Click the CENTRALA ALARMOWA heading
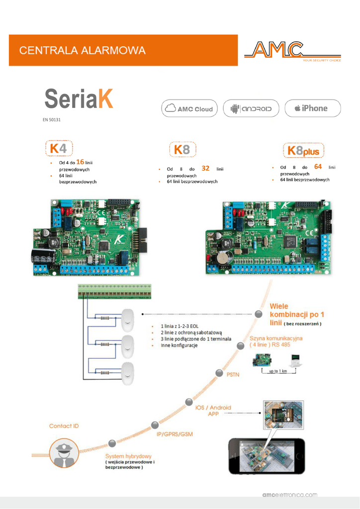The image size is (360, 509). [x=83, y=50]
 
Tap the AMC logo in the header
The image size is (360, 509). [x=291, y=51]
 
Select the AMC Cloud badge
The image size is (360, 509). [x=189, y=108]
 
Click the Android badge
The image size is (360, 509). [x=251, y=108]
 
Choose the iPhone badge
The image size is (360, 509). [x=312, y=108]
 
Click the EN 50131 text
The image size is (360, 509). [x=52, y=120]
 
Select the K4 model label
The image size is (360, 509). [x=58, y=148]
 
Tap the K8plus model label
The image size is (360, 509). [x=303, y=150]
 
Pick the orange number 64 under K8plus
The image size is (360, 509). [x=318, y=167]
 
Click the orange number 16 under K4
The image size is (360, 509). [x=80, y=162]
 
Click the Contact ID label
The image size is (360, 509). [x=64, y=426]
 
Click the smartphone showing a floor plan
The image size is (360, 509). [x=266, y=455]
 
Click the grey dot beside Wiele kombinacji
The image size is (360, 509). [x=258, y=314]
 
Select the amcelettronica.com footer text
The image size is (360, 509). [x=289, y=495]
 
